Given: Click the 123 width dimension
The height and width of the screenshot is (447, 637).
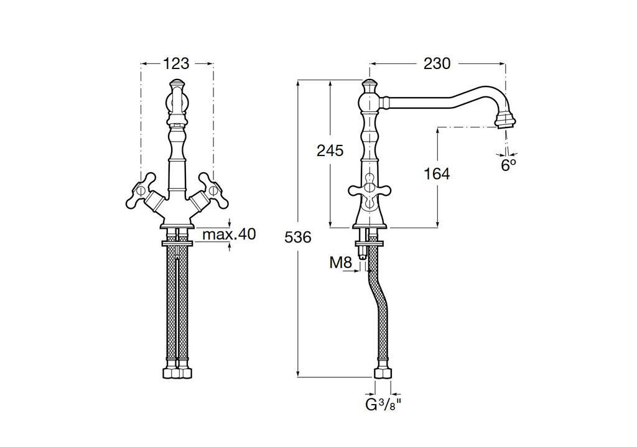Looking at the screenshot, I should point(177,63).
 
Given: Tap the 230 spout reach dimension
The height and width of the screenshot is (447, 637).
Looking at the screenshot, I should point(437,63).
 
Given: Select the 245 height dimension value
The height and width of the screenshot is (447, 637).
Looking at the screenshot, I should point(330,150).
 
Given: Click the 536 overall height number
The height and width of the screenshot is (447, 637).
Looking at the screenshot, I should point(297,237).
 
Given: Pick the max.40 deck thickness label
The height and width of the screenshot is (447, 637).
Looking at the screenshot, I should point(229,234).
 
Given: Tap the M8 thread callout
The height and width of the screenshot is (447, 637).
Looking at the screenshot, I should point(340,263).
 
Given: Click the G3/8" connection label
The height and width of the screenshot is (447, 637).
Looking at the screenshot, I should point(383,405).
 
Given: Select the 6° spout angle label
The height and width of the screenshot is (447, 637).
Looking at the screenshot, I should point(509,165).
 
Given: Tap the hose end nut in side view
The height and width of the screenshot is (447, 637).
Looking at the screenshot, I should point(383,375).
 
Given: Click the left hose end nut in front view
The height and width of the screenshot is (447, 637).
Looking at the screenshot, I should point(170,375).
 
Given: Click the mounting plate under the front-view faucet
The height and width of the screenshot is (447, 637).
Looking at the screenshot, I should point(177,242).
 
